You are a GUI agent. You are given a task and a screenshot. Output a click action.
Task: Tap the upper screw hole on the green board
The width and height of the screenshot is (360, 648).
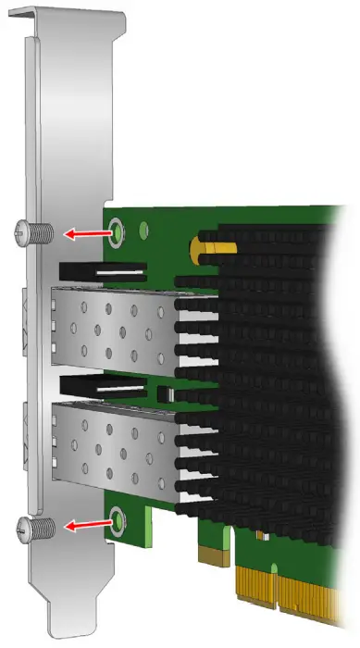(x=117, y=230)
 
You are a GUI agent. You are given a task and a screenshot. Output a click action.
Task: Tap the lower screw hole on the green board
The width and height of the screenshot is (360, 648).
(x=117, y=519)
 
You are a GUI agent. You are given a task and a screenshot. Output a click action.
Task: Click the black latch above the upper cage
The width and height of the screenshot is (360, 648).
(x=102, y=273)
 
